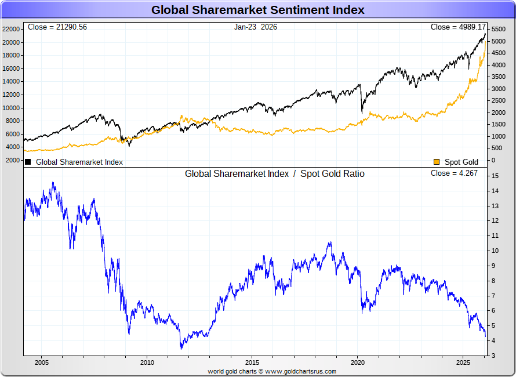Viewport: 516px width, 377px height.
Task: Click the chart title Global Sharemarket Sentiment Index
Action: pos(258,10)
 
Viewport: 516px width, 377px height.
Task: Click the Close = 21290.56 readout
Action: pos(57,27)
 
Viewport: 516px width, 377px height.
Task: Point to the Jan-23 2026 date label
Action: pos(256,27)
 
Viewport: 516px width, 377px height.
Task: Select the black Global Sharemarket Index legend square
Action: pos(28,162)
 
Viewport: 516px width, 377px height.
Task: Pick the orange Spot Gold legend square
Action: pos(436,162)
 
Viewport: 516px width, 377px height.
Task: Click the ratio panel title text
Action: pos(274,173)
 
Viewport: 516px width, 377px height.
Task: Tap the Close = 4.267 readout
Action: pos(454,173)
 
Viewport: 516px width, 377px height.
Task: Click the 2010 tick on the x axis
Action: pos(147,362)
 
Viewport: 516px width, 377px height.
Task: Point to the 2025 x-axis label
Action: pos(463,362)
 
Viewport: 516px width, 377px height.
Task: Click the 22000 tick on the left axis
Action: pos(12,29)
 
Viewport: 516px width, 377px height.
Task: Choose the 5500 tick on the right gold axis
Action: pos(499,29)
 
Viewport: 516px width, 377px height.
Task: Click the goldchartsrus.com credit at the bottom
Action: pos(272,371)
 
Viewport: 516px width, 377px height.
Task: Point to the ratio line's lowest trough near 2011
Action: pos(181,348)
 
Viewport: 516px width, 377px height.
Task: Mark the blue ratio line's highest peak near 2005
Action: pos(53,183)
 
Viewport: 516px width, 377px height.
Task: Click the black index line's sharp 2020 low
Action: pos(362,113)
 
